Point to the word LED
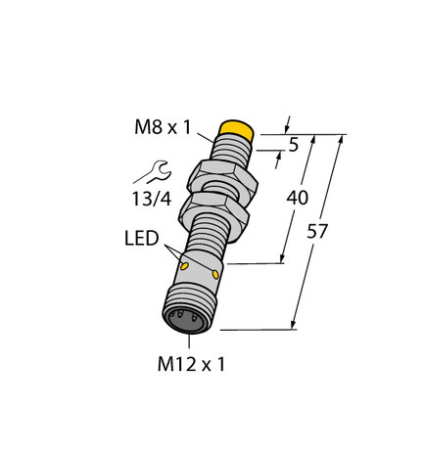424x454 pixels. pos(142,238)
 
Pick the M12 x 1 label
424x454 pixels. pos(191,365)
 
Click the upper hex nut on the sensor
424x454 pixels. pos(224,173)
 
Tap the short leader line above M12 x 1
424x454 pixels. pos(188,342)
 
